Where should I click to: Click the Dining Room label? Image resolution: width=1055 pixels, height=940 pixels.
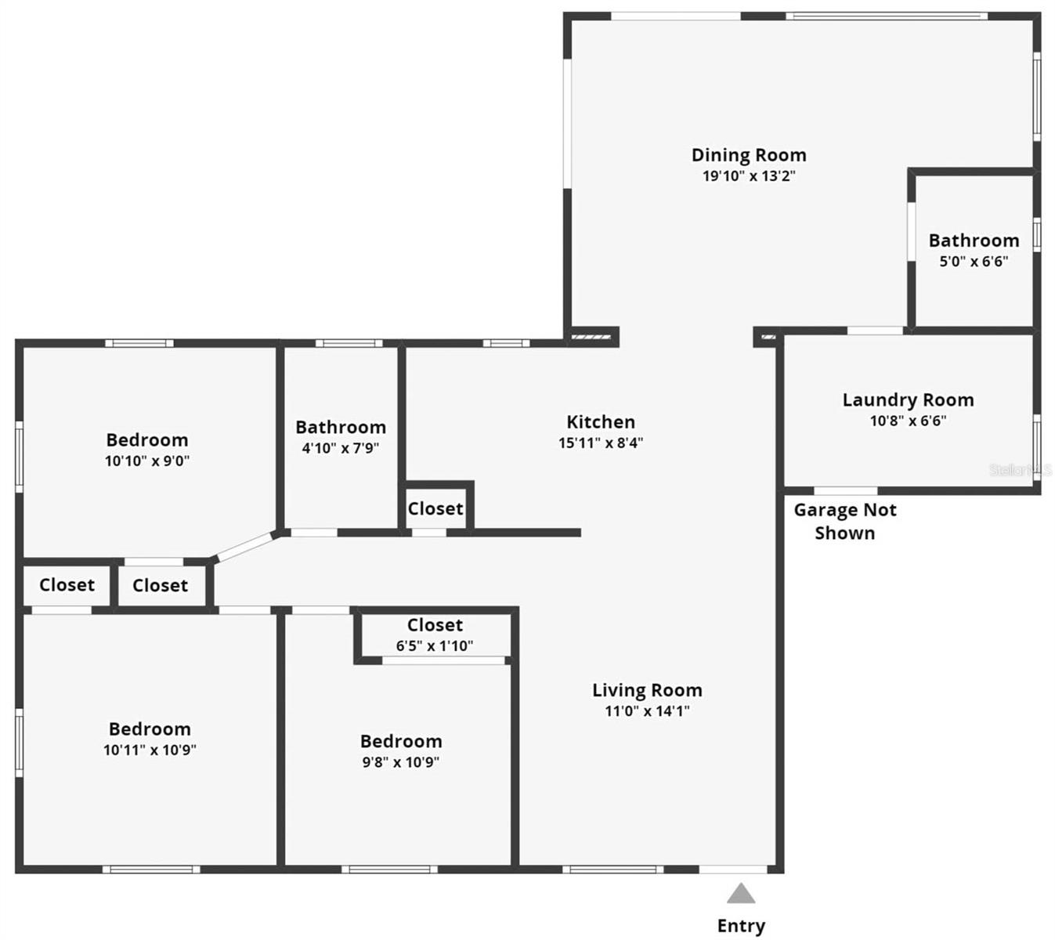tap(749, 155)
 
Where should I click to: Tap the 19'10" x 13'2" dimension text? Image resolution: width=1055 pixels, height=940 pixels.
tap(749, 176)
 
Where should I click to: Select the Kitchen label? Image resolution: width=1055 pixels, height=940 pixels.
tap(601, 422)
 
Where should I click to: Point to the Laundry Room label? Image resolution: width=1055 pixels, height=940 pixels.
tap(908, 400)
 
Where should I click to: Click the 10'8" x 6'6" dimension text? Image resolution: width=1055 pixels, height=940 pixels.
tap(908, 421)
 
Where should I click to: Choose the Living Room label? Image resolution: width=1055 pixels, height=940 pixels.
tap(647, 690)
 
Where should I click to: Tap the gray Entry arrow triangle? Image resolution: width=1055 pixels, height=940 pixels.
tap(741, 894)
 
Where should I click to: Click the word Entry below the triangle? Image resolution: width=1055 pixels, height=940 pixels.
tap(741, 926)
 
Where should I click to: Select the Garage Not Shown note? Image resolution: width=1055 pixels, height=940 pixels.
tap(845, 522)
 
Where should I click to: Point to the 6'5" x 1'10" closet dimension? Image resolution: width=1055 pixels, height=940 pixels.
tap(435, 646)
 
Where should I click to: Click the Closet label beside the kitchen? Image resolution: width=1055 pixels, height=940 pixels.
tap(435, 508)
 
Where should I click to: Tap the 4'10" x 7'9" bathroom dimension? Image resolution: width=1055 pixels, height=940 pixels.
tap(341, 449)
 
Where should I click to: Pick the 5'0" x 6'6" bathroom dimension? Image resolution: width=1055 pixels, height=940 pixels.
tap(974, 262)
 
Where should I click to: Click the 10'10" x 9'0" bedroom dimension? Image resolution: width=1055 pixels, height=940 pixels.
tap(147, 461)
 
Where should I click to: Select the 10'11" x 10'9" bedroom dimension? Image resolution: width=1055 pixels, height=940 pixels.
tap(150, 750)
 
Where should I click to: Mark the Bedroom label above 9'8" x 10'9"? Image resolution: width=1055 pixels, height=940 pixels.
tap(401, 741)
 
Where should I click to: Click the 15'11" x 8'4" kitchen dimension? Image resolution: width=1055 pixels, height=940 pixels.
tap(601, 443)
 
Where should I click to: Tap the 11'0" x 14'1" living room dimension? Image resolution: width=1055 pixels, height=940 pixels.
tap(647, 711)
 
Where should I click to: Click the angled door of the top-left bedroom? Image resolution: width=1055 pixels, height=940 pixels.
tap(244, 546)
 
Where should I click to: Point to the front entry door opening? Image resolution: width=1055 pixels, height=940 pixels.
tap(733, 869)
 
